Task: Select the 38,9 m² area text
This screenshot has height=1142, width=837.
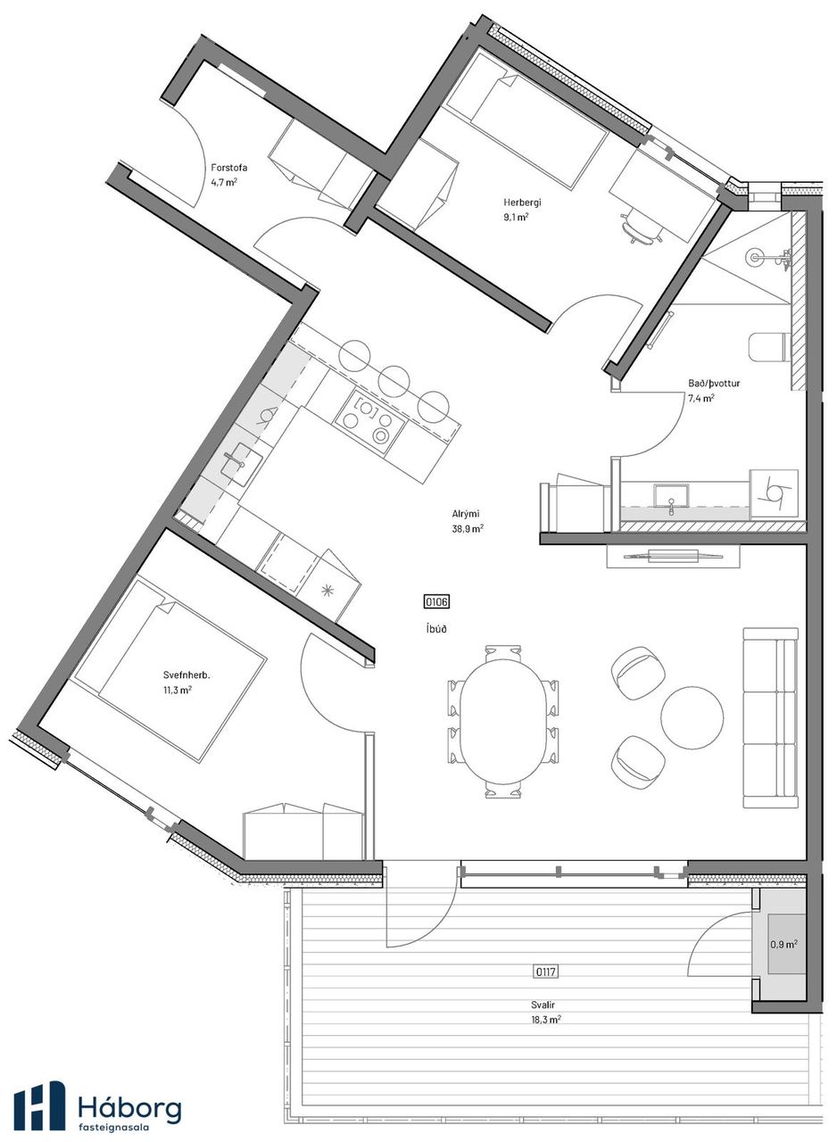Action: click(467, 529)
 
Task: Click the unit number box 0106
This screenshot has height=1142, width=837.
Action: click(436, 602)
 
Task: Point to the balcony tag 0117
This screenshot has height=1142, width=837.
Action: click(545, 972)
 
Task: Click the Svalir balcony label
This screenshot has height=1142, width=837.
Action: click(543, 1005)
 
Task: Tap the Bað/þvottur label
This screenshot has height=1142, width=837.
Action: click(713, 384)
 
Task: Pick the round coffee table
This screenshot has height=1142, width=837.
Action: click(692, 716)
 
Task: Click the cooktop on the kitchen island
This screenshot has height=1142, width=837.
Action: click(370, 422)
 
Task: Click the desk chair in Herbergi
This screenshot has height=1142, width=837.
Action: click(642, 228)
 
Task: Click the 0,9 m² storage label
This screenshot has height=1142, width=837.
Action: click(783, 944)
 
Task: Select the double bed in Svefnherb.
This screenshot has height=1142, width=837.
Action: click(170, 669)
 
